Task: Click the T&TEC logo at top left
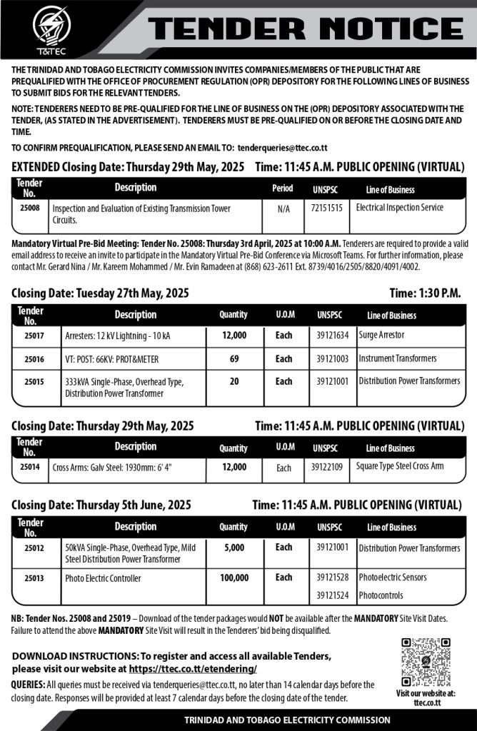point(51,29)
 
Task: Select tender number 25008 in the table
point(31,208)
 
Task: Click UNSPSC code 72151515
point(327,208)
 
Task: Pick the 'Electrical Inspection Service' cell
point(400,208)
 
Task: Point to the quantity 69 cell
point(234,358)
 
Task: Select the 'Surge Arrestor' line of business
point(381,336)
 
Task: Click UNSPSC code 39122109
point(327,468)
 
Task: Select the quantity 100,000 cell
point(234,578)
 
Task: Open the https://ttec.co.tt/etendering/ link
point(193,670)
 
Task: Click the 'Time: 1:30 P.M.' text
point(426,293)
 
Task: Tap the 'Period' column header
point(283,189)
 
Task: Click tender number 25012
point(31,548)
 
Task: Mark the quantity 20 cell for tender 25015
point(234,382)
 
